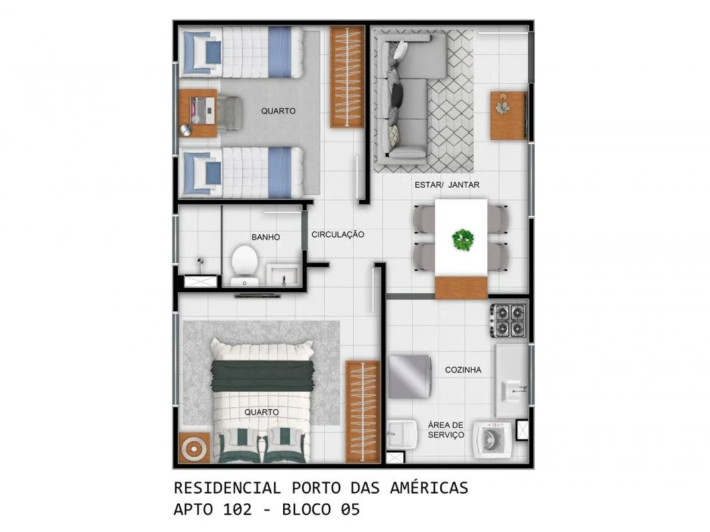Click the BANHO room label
pos(265,237)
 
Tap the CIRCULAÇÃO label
pos(338,235)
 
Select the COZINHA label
pos(463,370)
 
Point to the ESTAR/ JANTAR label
pos(447,184)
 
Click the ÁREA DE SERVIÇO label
pos(446,429)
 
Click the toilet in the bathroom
pos(244,266)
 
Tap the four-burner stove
pos(509,320)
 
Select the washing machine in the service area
pos(492,439)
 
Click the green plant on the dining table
pos(463,240)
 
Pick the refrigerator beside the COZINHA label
pos(410,377)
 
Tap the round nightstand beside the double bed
pos(194,447)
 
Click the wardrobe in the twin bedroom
pos(348,76)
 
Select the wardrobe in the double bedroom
pos(362,411)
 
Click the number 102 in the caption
pos(238,509)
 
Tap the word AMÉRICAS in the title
pos(429,488)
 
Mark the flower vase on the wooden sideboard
pos(503,107)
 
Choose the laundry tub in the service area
pos(402,434)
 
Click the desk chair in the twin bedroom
pos(229,113)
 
